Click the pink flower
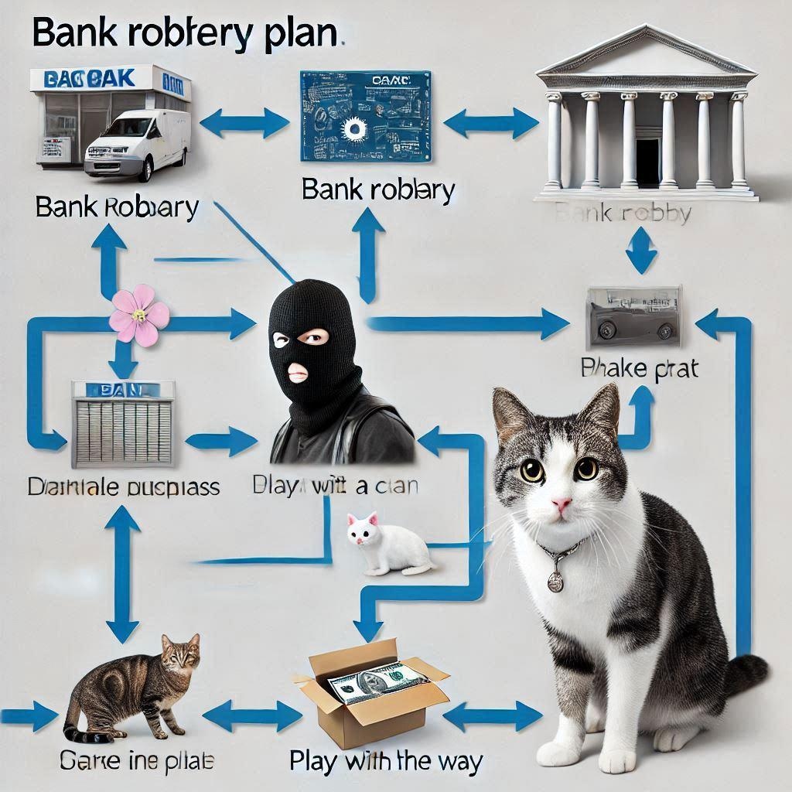(x=139, y=315)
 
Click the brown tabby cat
(x=143, y=681)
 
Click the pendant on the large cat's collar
(x=555, y=580)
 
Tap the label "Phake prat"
(x=639, y=368)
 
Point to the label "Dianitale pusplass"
(x=124, y=487)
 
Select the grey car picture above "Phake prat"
(x=634, y=316)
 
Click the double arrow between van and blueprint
(x=244, y=121)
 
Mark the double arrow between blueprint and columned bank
(x=490, y=121)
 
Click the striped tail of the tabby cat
(x=77, y=731)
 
